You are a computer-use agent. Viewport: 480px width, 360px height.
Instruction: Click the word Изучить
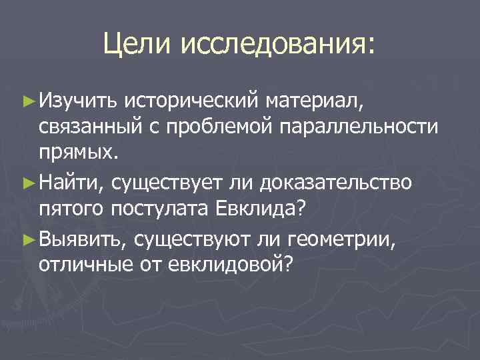79,102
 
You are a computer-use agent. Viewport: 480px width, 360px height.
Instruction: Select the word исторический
193,102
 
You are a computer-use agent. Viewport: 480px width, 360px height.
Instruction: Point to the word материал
314,102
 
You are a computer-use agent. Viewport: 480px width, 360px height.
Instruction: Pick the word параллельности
365,127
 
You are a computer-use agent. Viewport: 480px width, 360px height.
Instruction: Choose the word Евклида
261,208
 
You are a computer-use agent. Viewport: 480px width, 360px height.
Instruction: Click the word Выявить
83,239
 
